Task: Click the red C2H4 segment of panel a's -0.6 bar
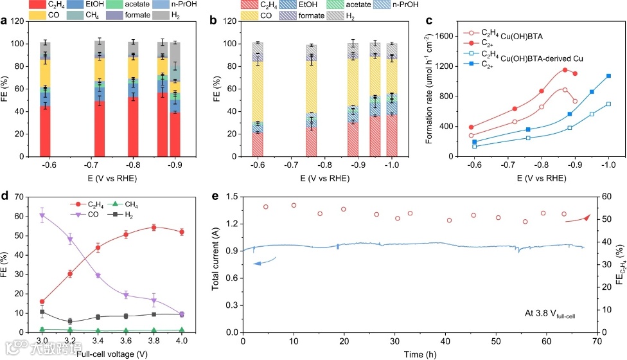45,131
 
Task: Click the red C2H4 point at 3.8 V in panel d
154,227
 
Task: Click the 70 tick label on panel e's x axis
597,341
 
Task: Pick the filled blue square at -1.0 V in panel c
608,76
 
